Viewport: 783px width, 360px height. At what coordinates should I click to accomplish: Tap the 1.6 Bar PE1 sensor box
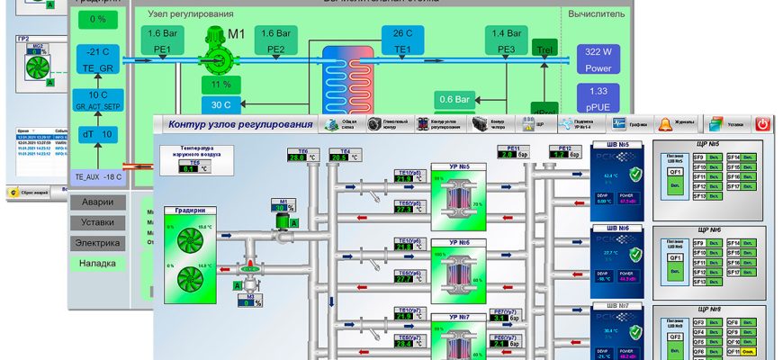163,40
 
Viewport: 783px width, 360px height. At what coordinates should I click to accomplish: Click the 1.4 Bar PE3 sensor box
507,40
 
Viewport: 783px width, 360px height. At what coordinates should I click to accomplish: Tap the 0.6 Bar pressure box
456,99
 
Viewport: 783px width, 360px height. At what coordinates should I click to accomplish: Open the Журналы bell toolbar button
678,123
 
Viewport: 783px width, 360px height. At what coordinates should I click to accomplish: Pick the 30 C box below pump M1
220,104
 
